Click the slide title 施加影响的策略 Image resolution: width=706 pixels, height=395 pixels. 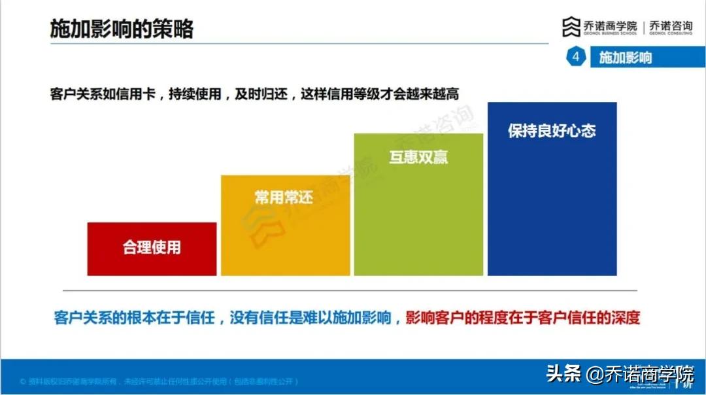coord(122,29)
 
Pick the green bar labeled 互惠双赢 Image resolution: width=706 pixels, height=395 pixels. coord(418,216)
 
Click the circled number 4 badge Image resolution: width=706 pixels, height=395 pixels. coord(576,58)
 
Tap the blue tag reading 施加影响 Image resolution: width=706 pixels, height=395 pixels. coord(626,58)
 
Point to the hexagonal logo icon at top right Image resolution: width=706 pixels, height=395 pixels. coord(571,27)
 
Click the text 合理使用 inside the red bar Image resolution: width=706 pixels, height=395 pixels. coord(152,248)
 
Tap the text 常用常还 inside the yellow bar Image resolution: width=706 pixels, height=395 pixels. coord(284,197)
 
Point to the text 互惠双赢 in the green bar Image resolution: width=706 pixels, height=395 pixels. coord(418,158)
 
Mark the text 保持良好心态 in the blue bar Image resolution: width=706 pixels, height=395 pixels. coord(552,130)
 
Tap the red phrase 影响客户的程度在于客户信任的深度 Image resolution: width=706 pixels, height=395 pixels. coord(522,318)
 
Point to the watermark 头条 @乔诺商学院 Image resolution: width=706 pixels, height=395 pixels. coord(619,375)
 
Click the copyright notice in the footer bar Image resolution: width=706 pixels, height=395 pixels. coord(160,381)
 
